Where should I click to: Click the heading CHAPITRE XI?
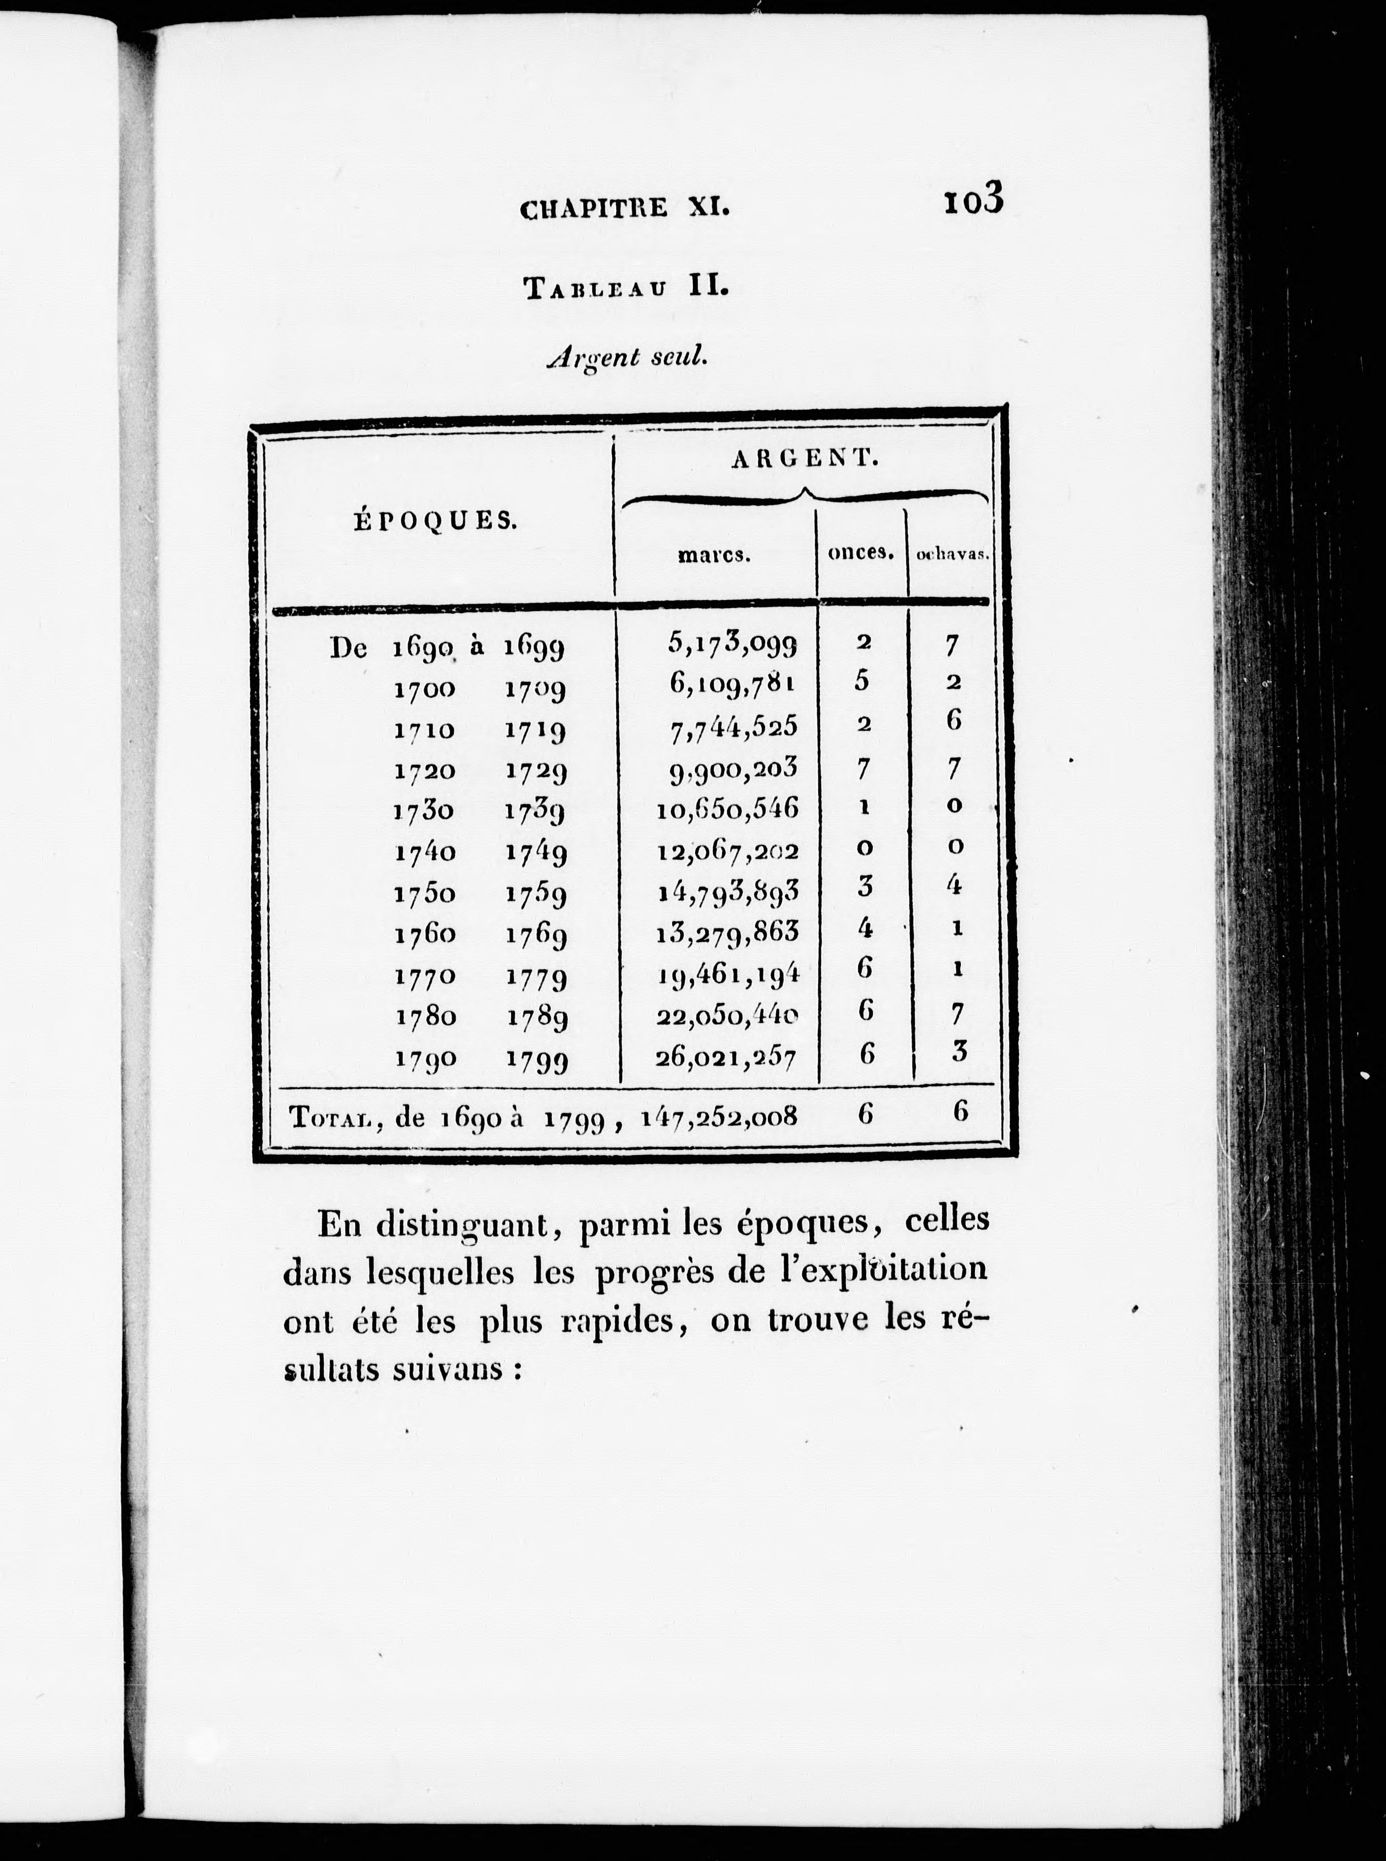[625, 208]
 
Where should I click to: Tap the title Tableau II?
[626, 288]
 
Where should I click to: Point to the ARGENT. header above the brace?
[804, 459]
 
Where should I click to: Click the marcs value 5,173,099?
[732, 643]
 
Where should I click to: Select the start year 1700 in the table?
[425, 689]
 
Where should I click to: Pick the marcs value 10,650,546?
[727, 809]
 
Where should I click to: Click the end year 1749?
[536, 853]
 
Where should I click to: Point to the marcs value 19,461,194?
[727, 973]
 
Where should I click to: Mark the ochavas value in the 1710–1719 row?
[953, 721]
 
